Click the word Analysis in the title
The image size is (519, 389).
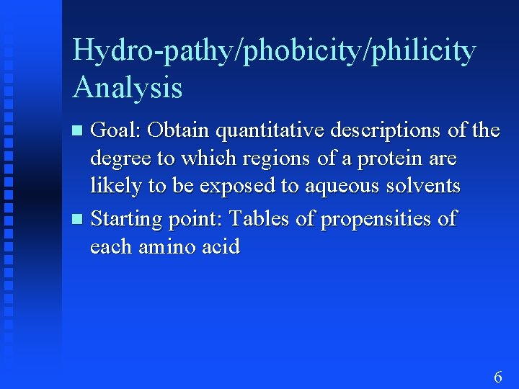tap(127, 89)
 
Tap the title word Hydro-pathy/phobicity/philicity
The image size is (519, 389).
tap(274, 52)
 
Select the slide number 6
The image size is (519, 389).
tap(497, 377)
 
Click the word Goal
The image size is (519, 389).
tap(118, 130)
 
